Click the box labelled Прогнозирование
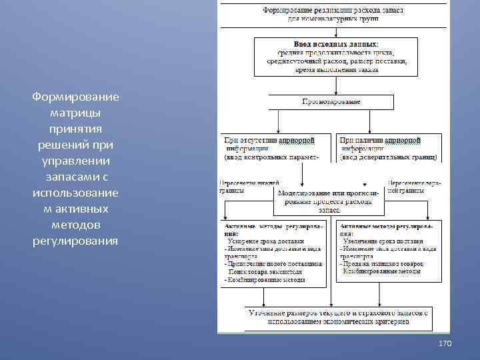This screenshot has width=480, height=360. pos(331,102)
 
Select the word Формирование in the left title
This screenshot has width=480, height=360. pos(75,97)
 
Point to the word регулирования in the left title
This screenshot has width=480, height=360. pos(75,241)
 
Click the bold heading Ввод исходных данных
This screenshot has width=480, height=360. pos(331,43)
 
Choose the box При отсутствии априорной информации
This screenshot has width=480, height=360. pos(277,149)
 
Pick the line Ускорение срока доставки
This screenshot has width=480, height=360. pos(266,241)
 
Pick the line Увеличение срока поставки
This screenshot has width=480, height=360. pos(383,241)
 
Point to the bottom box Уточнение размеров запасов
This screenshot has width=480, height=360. pos(338,317)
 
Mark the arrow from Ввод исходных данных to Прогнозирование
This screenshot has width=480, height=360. pos(331,84)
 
